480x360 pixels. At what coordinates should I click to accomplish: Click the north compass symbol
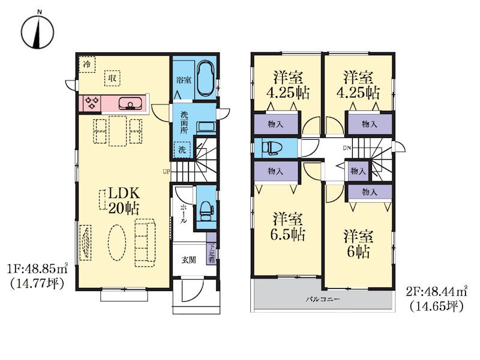click(38, 32)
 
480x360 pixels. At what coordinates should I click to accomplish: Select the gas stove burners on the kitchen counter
click(92, 103)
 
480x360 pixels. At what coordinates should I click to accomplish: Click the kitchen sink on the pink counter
click(131, 103)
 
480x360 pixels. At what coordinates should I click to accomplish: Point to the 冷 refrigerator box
click(87, 64)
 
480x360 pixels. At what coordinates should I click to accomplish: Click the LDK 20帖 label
click(124, 201)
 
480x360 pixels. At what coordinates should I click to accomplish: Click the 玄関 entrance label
click(188, 260)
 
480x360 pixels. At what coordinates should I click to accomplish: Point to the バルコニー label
click(323, 299)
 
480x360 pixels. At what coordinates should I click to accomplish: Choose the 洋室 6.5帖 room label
click(288, 227)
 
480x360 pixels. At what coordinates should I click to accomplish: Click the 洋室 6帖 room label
click(358, 244)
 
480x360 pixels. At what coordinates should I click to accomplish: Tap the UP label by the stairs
click(166, 172)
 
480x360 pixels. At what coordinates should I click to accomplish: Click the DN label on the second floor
click(347, 148)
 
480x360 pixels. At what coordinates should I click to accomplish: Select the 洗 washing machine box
click(182, 150)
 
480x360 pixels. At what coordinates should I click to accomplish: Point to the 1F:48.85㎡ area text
click(37, 269)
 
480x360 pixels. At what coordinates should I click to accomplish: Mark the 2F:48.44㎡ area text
click(437, 291)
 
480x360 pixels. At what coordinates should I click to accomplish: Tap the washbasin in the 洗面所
click(206, 127)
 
